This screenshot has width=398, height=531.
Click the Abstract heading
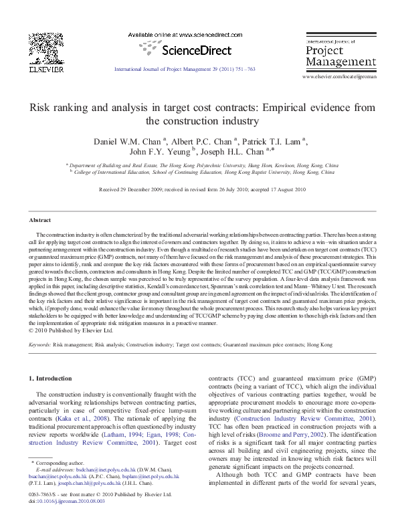pyautogui.click(x=40, y=220)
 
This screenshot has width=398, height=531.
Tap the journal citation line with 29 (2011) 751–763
pyautogui.click(x=185, y=69)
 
